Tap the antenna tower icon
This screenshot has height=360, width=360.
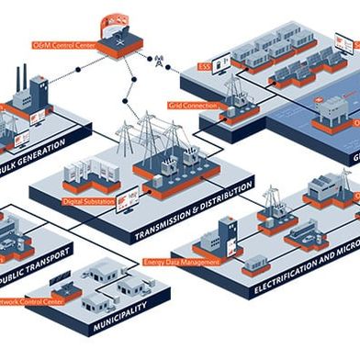tap(160, 62)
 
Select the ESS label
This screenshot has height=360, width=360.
tap(204, 66)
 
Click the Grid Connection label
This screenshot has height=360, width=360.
tap(191, 106)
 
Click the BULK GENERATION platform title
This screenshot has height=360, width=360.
tap(37, 156)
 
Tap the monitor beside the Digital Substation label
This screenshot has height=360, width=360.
tap(131, 196)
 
